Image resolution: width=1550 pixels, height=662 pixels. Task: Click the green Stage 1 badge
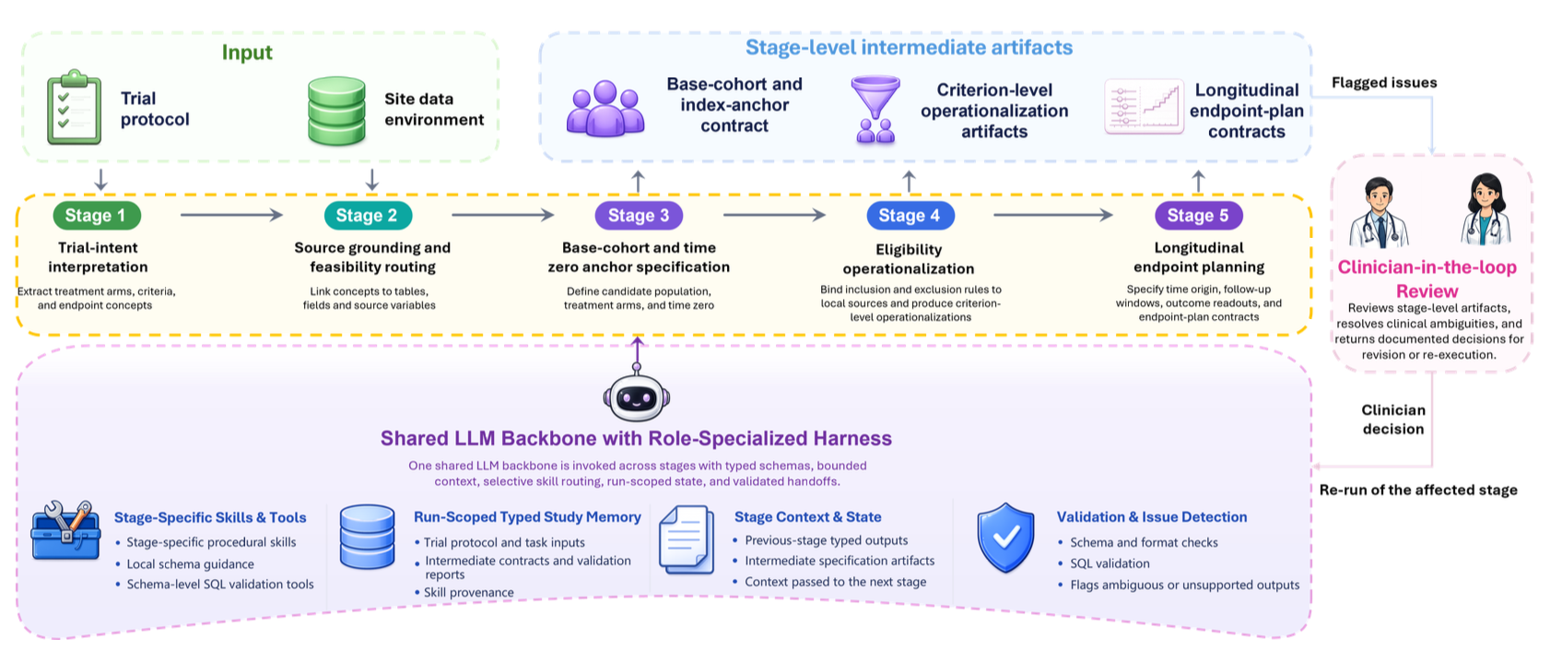pyautogui.click(x=97, y=216)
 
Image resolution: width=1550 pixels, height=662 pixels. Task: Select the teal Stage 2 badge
pyautogui.click(x=368, y=216)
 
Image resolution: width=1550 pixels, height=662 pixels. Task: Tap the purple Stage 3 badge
pyautogui.click(x=639, y=216)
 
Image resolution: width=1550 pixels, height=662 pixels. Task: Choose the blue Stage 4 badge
pyautogui.click(x=910, y=216)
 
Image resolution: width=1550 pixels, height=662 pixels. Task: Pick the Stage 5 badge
pyautogui.click(x=1199, y=216)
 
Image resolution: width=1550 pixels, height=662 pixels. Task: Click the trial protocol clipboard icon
pyautogui.click(x=74, y=107)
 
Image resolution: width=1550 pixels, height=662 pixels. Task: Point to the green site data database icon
pyautogui.click(x=337, y=111)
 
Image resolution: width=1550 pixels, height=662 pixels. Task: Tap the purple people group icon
pyautogui.click(x=605, y=108)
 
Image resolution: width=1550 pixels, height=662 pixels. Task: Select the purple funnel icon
pyautogui.click(x=875, y=110)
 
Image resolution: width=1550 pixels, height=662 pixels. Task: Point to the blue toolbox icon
pyautogui.click(x=65, y=530)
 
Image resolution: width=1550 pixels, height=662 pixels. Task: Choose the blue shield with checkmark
pyautogui.click(x=1005, y=538)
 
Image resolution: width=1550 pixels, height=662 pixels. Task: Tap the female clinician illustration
pyautogui.click(x=1485, y=210)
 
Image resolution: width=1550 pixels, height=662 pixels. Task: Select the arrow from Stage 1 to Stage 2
pyautogui.click(x=232, y=216)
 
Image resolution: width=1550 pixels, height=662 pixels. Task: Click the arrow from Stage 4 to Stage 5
pyautogui.click(x=1053, y=216)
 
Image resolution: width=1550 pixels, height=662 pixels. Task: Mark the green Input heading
pyautogui.click(x=247, y=53)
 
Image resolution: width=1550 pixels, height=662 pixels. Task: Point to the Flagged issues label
pyautogui.click(x=1384, y=82)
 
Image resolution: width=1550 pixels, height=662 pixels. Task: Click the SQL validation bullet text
pyautogui.click(x=1110, y=563)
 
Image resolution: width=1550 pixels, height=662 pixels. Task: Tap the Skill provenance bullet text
pyautogui.click(x=468, y=593)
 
